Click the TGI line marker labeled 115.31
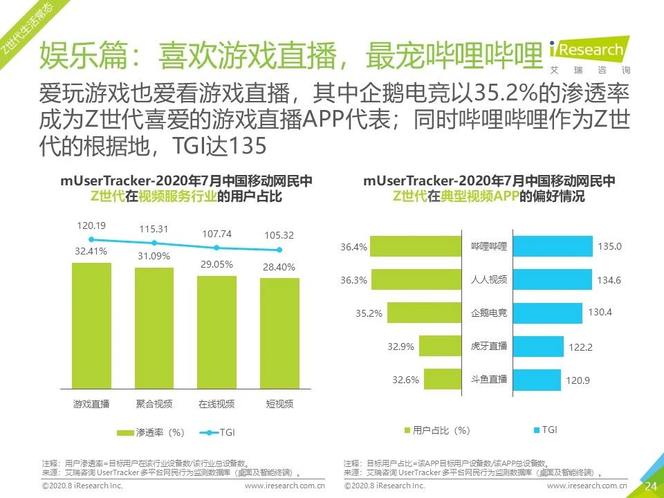point(154,243)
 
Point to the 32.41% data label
point(91,252)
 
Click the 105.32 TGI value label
point(279,235)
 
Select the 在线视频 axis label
point(216,404)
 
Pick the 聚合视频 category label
point(154,404)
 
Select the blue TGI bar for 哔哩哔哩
point(553,246)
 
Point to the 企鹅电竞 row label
point(489,313)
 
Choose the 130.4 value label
point(600,313)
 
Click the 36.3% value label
point(353,280)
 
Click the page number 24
point(650,486)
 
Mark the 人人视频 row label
point(489,280)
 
